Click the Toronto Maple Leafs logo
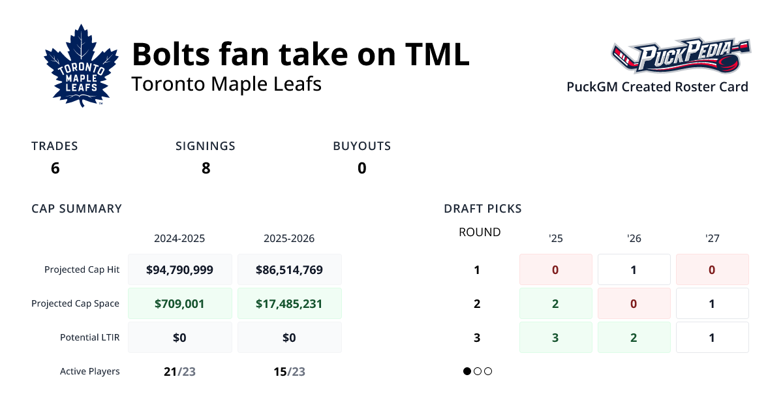coord(81,66)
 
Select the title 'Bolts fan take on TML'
coord(301,53)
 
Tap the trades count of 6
coord(55,168)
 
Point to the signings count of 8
coord(206,168)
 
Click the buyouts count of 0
coord(361,168)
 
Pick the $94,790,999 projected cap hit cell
coord(179,269)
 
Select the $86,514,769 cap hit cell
coord(289,269)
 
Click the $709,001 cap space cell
coord(179,303)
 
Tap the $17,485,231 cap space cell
coord(289,303)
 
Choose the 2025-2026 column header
coord(289,239)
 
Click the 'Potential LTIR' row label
coord(89,337)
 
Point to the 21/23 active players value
coord(179,372)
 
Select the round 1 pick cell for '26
coord(634,269)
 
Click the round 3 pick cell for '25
coord(555,337)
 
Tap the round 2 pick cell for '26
coord(634,303)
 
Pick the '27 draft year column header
coord(712,239)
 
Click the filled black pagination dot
coord(467,371)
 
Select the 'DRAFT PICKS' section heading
coord(482,209)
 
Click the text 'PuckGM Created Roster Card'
coord(657,87)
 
